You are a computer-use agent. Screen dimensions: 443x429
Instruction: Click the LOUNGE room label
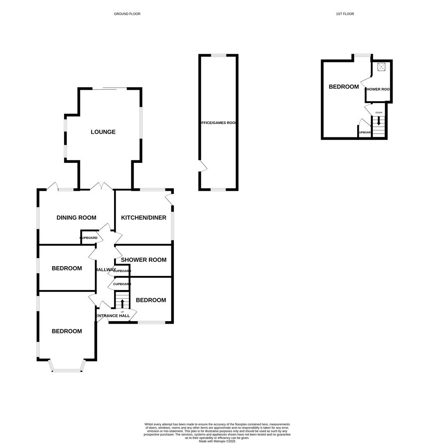point(103,132)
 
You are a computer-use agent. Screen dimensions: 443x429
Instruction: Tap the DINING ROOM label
point(76,218)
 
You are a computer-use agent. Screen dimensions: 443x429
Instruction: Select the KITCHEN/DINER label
point(144,218)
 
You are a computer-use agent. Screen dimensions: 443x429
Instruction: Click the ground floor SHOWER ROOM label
point(144,260)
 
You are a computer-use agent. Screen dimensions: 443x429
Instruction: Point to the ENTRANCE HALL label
point(113,316)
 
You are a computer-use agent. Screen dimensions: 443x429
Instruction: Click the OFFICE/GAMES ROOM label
point(218,123)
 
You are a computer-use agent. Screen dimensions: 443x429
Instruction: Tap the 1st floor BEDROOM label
point(344,87)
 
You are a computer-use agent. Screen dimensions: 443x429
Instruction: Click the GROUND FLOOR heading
point(127,14)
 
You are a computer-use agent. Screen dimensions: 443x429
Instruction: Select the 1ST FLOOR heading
point(345,14)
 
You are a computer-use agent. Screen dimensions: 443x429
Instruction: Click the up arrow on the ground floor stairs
point(122,304)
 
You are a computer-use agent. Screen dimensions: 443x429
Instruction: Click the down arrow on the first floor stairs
point(379,121)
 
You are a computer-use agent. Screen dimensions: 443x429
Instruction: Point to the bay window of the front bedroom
point(67,370)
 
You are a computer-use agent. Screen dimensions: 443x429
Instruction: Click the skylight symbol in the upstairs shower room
point(381,67)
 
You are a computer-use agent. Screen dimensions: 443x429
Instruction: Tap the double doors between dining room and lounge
point(101,187)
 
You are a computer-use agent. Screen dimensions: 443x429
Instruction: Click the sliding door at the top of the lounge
point(110,89)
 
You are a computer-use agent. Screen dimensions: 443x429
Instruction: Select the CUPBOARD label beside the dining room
point(89,238)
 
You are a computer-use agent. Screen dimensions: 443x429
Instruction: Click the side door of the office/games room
point(203,166)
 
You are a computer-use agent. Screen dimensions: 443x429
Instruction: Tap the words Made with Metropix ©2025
point(217,441)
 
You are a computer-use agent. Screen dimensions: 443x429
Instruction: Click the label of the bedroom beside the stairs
point(151,300)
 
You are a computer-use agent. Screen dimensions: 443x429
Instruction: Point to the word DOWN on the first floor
point(379,112)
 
